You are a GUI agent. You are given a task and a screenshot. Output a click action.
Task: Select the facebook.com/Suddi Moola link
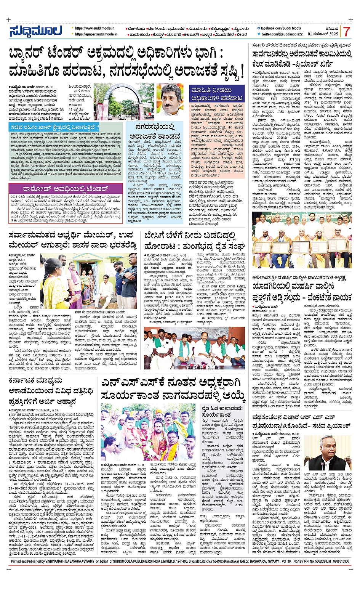pyautogui.click(x=280, y=28)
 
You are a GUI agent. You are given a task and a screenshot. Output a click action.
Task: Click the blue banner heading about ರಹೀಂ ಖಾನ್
pyautogui.click(x=56, y=127)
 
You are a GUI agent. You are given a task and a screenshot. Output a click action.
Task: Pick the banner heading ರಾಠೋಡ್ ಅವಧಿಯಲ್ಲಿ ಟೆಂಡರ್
pyautogui.click(x=66, y=188)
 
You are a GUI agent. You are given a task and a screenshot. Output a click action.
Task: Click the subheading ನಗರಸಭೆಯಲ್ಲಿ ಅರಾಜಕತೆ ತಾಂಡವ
pyautogui.click(x=155, y=132)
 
